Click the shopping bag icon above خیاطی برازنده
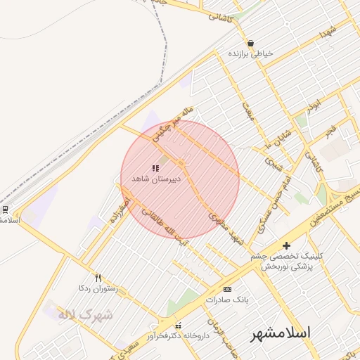250,44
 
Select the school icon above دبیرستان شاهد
155,169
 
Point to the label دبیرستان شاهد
156,179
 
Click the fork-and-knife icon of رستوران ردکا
98,278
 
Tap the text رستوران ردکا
98,288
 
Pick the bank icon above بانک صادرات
227,289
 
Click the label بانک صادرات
227,300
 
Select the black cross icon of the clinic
285,245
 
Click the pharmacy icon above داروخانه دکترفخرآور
178,326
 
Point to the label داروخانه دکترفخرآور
178,336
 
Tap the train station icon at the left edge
5,209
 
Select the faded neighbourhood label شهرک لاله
85,315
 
